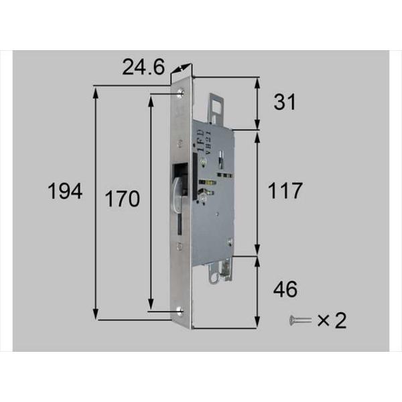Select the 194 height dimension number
point(65,193)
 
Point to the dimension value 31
point(285,102)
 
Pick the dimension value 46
point(285,289)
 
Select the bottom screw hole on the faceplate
point(182,310)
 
